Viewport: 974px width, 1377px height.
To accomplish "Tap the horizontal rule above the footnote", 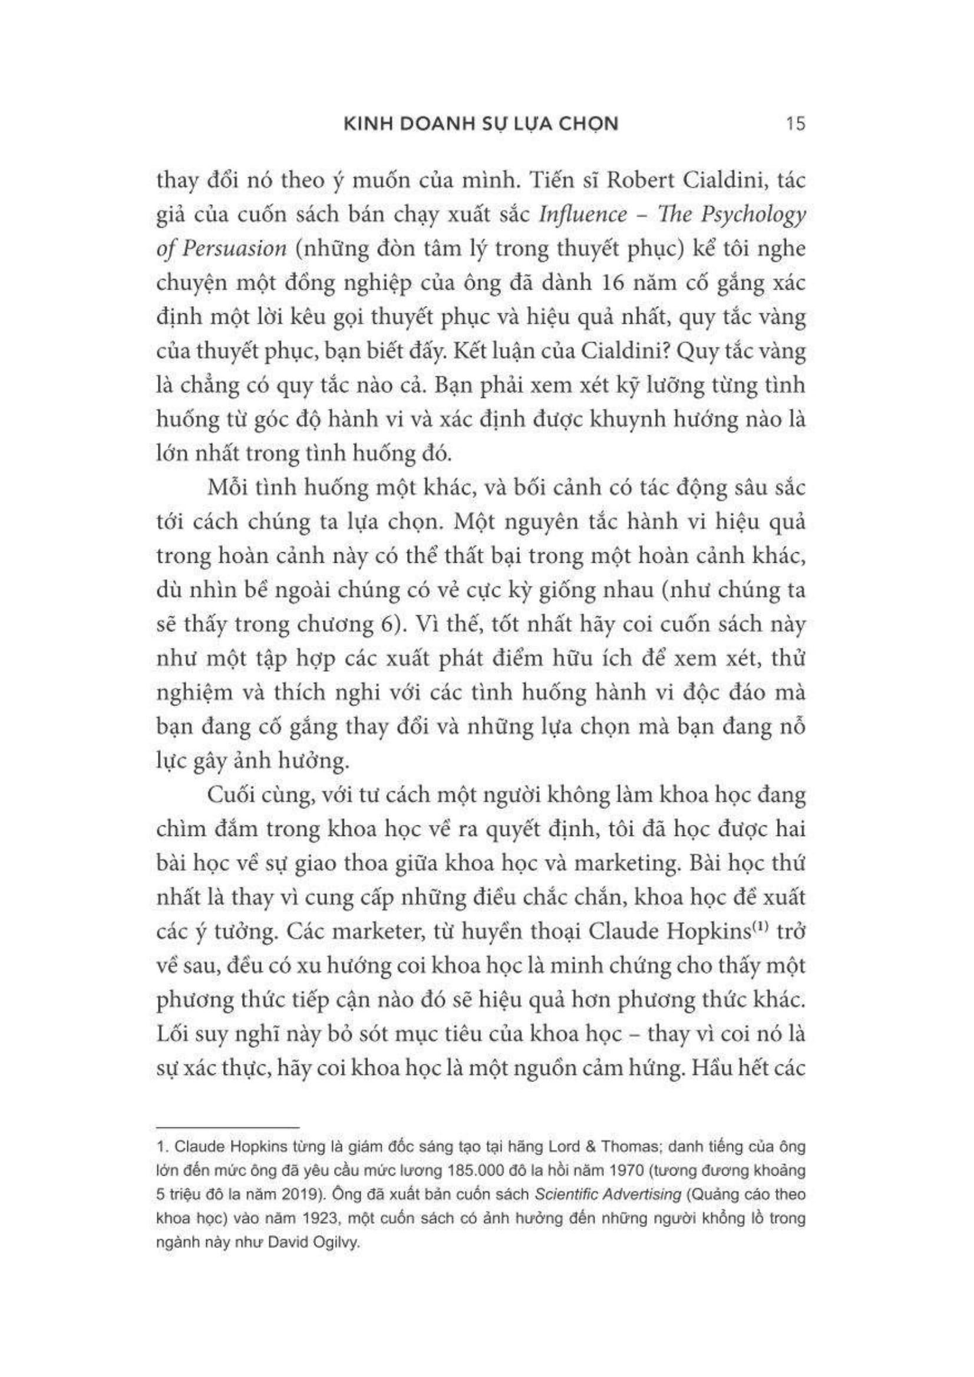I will pos(227,1128).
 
